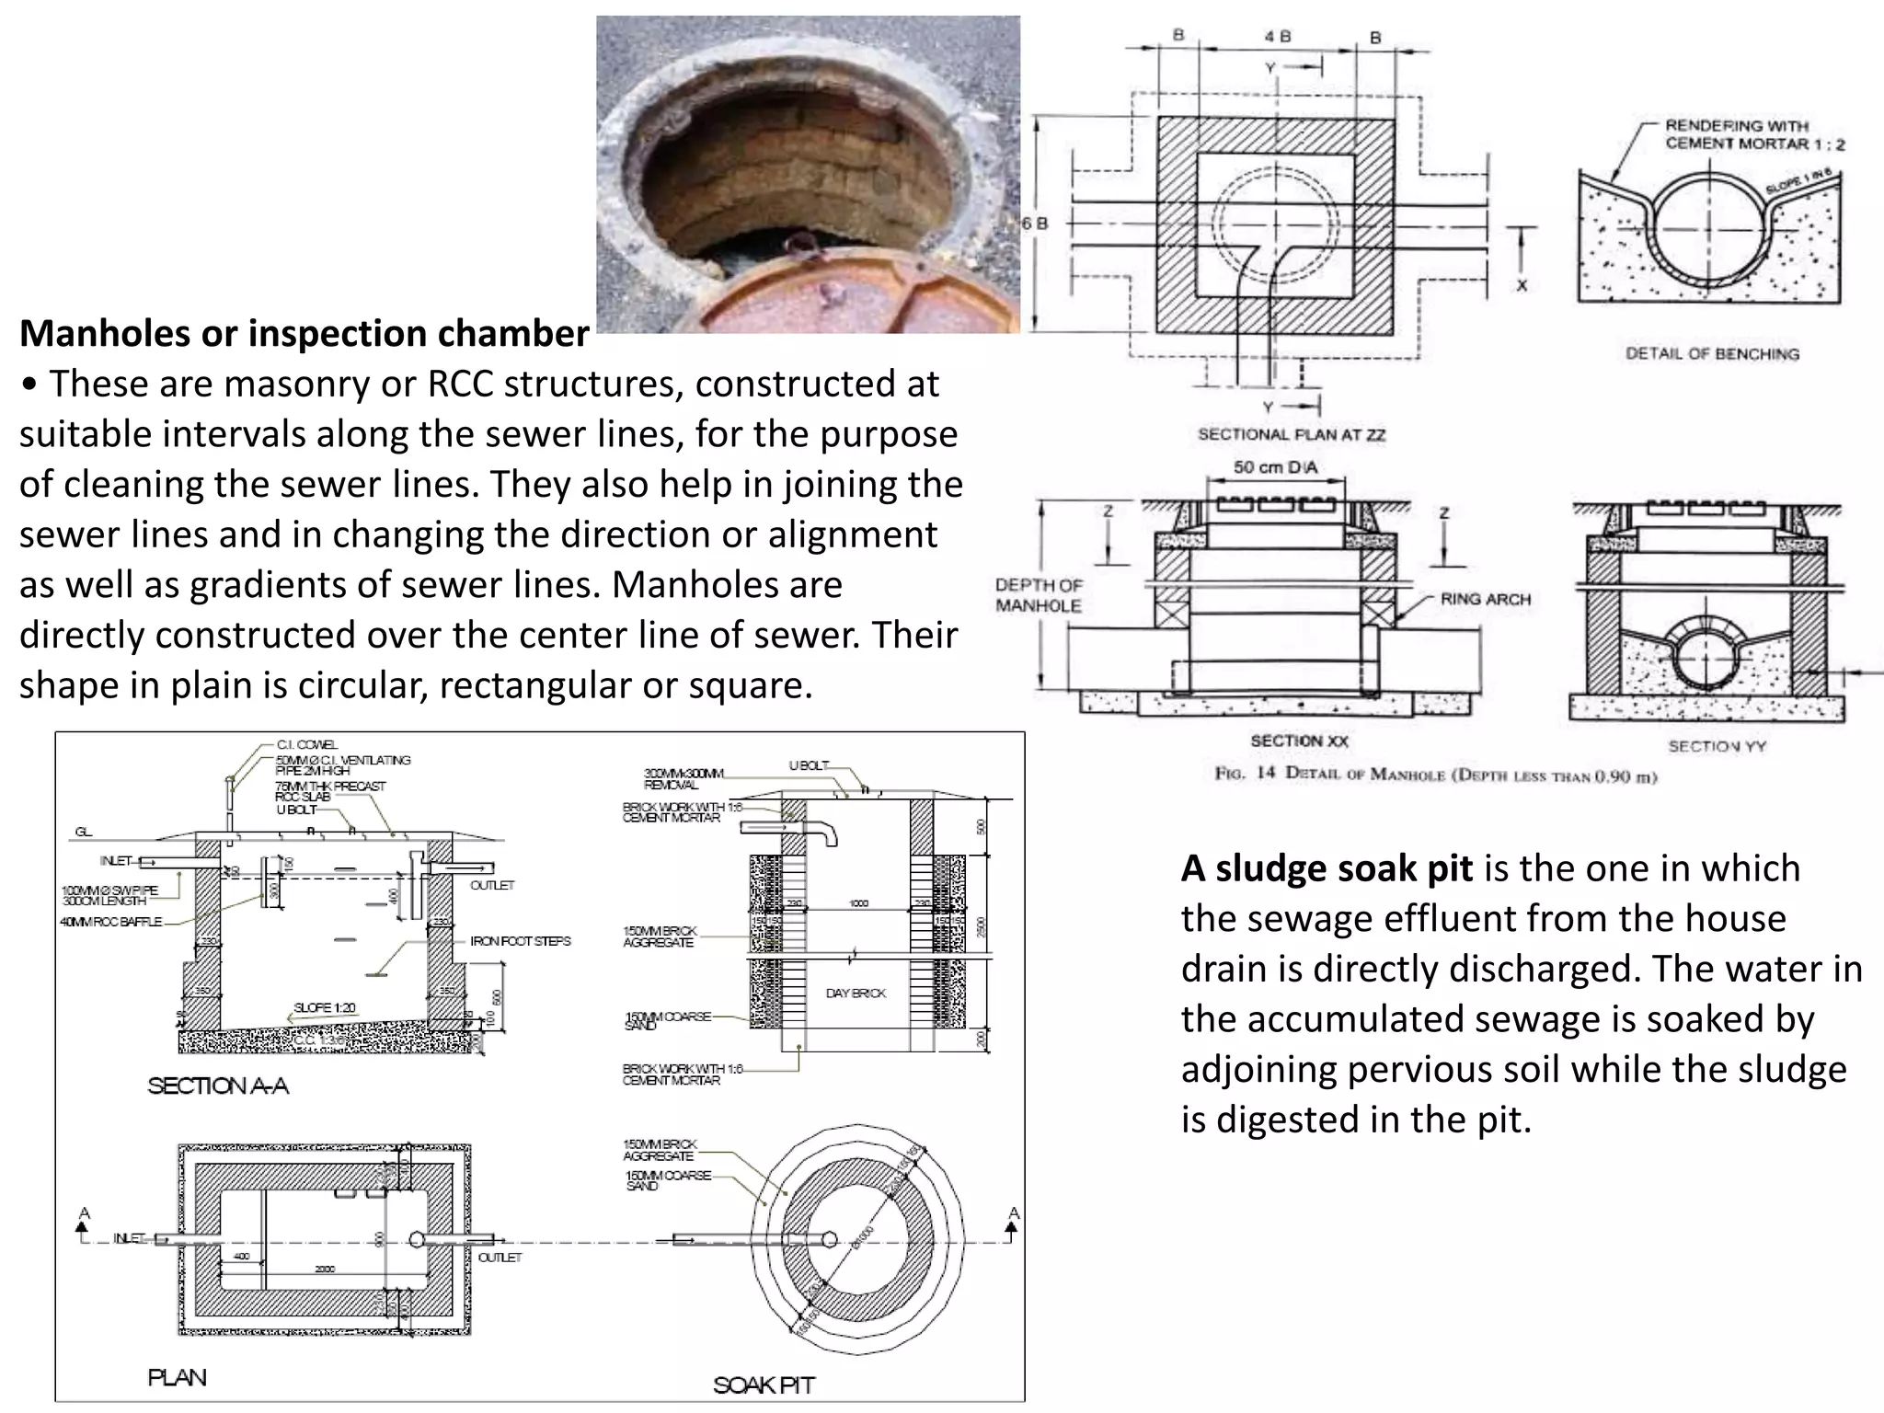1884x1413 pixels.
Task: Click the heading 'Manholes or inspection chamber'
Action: click(x=304, y=334)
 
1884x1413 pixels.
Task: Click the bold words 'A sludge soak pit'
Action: click(x=1327, y=868)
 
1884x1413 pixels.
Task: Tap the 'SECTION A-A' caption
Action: click(x=218, y=1086)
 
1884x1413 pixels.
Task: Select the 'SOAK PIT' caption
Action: click(x=764, y=1385)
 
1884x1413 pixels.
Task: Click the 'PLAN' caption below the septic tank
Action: click(x=178, y=1377)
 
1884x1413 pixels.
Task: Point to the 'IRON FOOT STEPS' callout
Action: click(x=520, y=941)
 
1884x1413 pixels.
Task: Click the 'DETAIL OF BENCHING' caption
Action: click(x=1712, y=354)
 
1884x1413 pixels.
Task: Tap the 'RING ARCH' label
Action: click(x=1485, y=600)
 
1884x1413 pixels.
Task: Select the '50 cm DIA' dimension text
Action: click(x=1275, y=467)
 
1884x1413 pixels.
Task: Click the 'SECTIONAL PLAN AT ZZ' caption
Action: click(x=1291, y=434)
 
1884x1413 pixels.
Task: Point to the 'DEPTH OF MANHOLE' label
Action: click(x=1039, y=595)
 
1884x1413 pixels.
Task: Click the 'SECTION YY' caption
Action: click(x=1717, y=746)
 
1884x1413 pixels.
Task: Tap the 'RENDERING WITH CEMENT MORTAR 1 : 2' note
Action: click(x=1753, y=135)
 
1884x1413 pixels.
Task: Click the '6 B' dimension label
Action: click(x=1035, y=224)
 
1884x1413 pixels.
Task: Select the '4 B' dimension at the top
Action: click(x=1277, y=37)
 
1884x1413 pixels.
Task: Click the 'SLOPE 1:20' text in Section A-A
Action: click(x=324, y=1007)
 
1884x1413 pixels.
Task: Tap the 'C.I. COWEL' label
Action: click(x=306, y=744)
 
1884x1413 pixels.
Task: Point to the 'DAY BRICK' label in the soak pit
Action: click(x=856, y=994)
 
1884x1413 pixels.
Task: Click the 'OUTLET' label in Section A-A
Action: click(x=492, y=885)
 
